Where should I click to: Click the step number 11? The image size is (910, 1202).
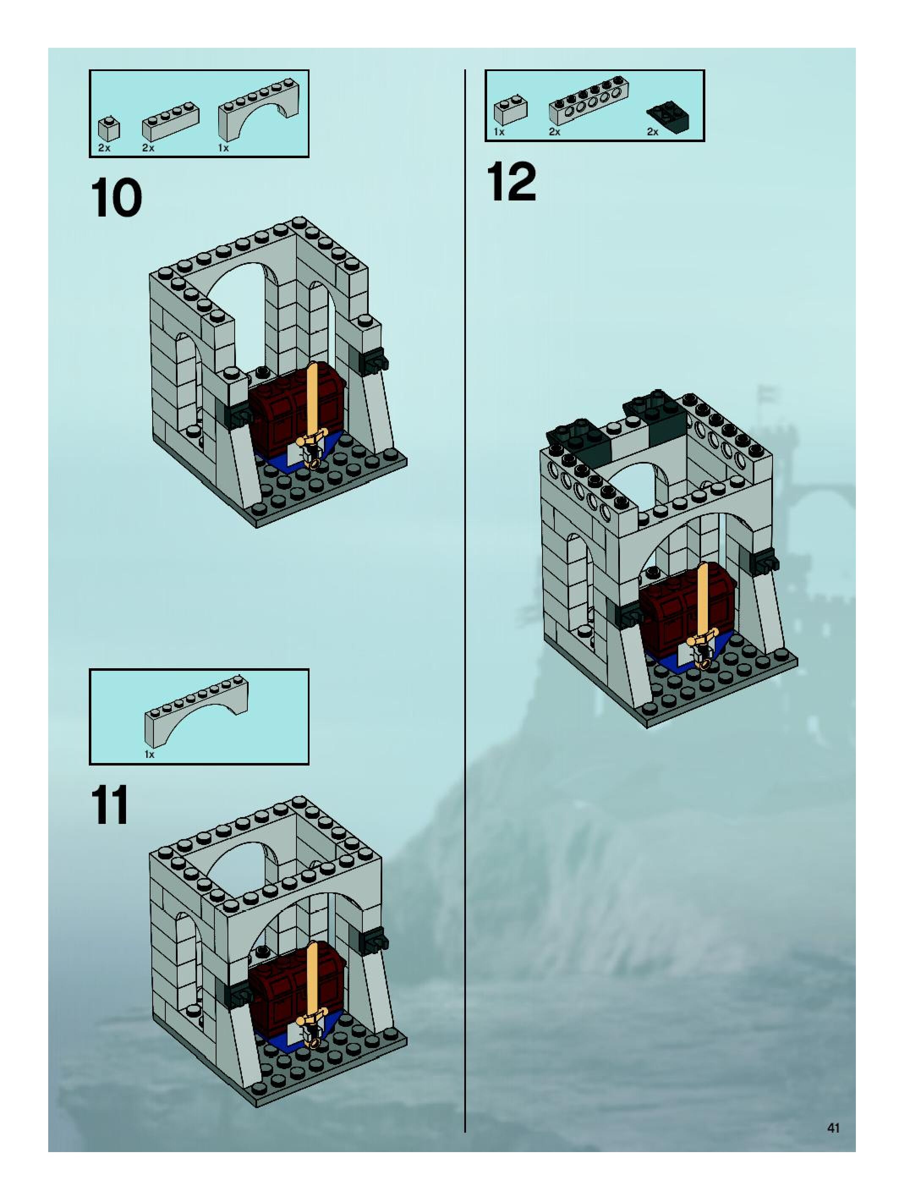[110, 805]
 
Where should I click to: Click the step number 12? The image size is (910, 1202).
[511, 182]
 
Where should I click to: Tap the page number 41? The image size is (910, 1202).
[833, 1128]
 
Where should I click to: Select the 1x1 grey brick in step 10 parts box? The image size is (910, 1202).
[109, 129]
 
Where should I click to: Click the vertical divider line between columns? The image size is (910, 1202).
[465, 598]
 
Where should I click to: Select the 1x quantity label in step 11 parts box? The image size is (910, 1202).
[149, 754]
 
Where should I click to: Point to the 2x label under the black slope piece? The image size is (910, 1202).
[652, 132]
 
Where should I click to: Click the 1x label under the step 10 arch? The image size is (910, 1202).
[223, 148]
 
